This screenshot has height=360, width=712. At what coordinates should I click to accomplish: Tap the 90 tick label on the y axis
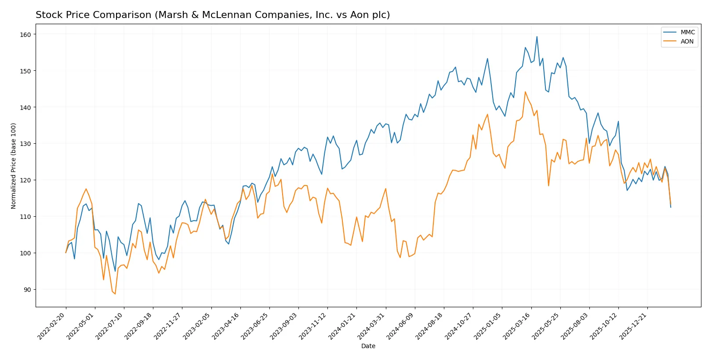(x=27, y=290)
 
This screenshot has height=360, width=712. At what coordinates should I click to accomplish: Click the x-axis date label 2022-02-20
(x=52, y=326)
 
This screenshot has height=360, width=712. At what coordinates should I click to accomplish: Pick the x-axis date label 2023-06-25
(x=255, y=326)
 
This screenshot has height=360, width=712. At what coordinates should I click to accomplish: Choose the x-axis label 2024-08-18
(x=430, y=326)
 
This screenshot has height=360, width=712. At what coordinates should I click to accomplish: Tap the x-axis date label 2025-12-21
(x=633, y=326)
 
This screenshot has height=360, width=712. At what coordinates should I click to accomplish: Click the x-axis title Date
(x=368, y=346)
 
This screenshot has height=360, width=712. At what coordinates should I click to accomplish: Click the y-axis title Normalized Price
(x=13, y=166)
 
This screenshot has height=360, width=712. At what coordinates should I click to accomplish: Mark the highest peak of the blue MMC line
(x=537, y=37)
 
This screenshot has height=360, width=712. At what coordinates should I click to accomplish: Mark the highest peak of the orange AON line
(x=525, y=92)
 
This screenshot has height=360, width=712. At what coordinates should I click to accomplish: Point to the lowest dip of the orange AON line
(x=115, y=294)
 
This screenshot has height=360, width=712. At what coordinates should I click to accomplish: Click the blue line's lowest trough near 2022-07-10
(x=115, y=271)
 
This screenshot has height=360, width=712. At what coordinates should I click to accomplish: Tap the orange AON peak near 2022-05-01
(x=86, y=189)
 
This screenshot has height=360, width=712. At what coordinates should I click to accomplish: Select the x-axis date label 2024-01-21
(x=342, y=326)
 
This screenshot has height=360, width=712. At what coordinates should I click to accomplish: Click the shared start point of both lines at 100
(x=66, y=253)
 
